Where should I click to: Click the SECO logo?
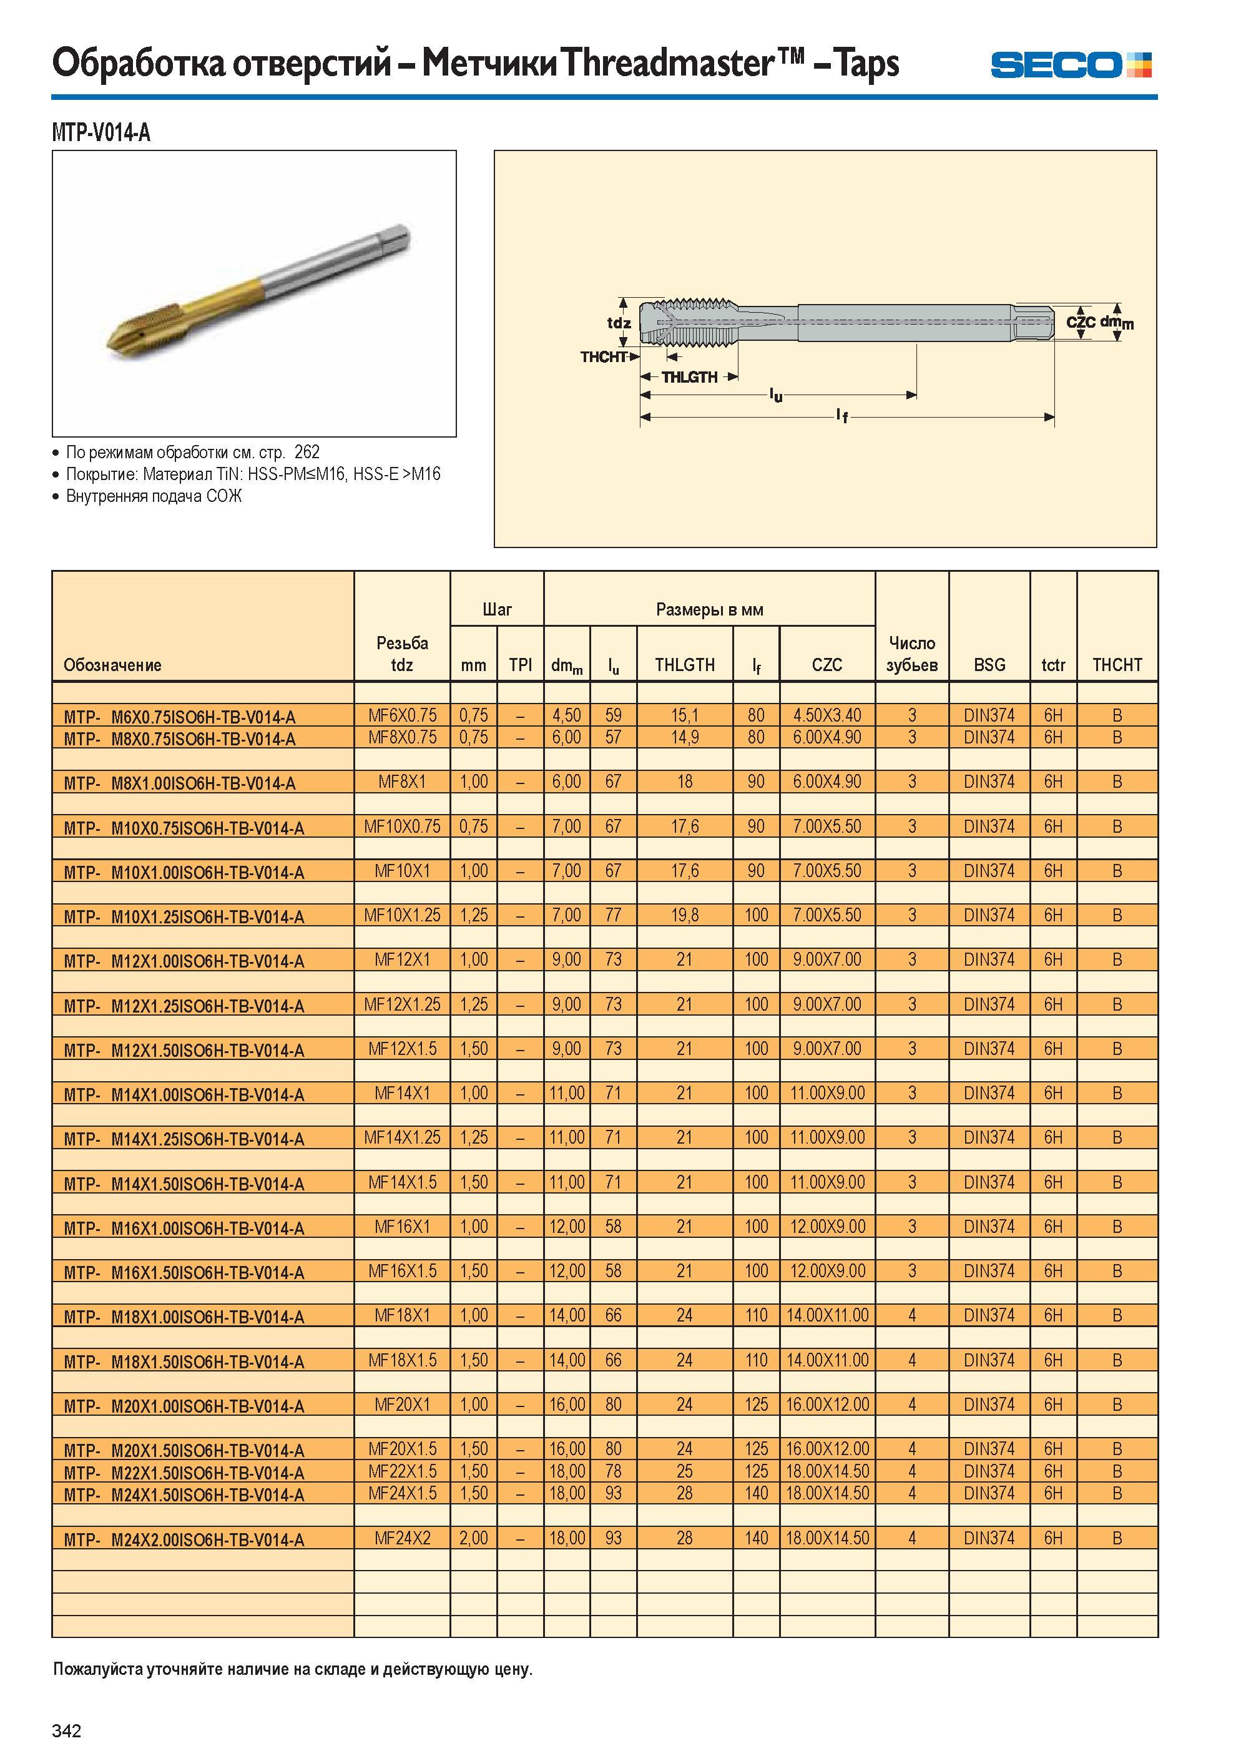point(1071,64)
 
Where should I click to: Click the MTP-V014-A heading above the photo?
point(101,133)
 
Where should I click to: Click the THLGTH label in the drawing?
point(690,377)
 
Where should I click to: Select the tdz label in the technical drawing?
point(619,323)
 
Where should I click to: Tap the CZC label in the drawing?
point(1081,322)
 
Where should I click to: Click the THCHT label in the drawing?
point(604,357)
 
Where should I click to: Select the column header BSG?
point(989,664)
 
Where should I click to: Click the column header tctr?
point(1052,664)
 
